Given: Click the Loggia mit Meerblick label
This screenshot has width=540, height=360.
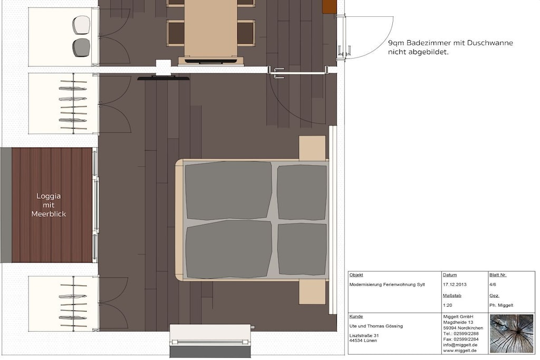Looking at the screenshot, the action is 49,205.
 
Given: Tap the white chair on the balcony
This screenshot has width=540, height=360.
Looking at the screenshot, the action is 81,25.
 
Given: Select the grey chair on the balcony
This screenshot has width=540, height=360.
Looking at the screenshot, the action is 81,47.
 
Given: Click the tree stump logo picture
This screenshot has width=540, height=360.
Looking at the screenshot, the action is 512,334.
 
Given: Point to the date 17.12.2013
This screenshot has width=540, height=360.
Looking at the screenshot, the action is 455,285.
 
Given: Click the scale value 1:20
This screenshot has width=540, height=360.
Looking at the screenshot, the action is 447,305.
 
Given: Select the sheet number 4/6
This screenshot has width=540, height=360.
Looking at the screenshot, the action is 493,285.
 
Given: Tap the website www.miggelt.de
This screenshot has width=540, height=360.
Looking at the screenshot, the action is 460,351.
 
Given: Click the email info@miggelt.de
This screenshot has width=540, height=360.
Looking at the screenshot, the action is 460,345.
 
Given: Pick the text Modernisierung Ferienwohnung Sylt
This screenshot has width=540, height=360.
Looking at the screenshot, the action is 387,285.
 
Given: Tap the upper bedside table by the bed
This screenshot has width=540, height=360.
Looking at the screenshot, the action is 312,148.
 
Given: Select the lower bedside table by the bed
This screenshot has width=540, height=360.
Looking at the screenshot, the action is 312,292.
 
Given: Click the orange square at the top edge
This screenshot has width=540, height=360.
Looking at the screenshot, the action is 329,7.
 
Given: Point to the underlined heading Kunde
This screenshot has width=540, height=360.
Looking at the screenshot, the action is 356,316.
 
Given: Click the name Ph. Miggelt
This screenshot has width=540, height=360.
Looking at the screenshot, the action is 501,305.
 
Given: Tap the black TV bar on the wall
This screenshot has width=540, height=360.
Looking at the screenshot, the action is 163,79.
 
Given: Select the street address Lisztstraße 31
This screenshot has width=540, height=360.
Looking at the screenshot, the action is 364,336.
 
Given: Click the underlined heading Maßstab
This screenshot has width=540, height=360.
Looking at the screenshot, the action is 452,296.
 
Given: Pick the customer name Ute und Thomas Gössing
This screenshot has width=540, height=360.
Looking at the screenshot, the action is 375,326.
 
